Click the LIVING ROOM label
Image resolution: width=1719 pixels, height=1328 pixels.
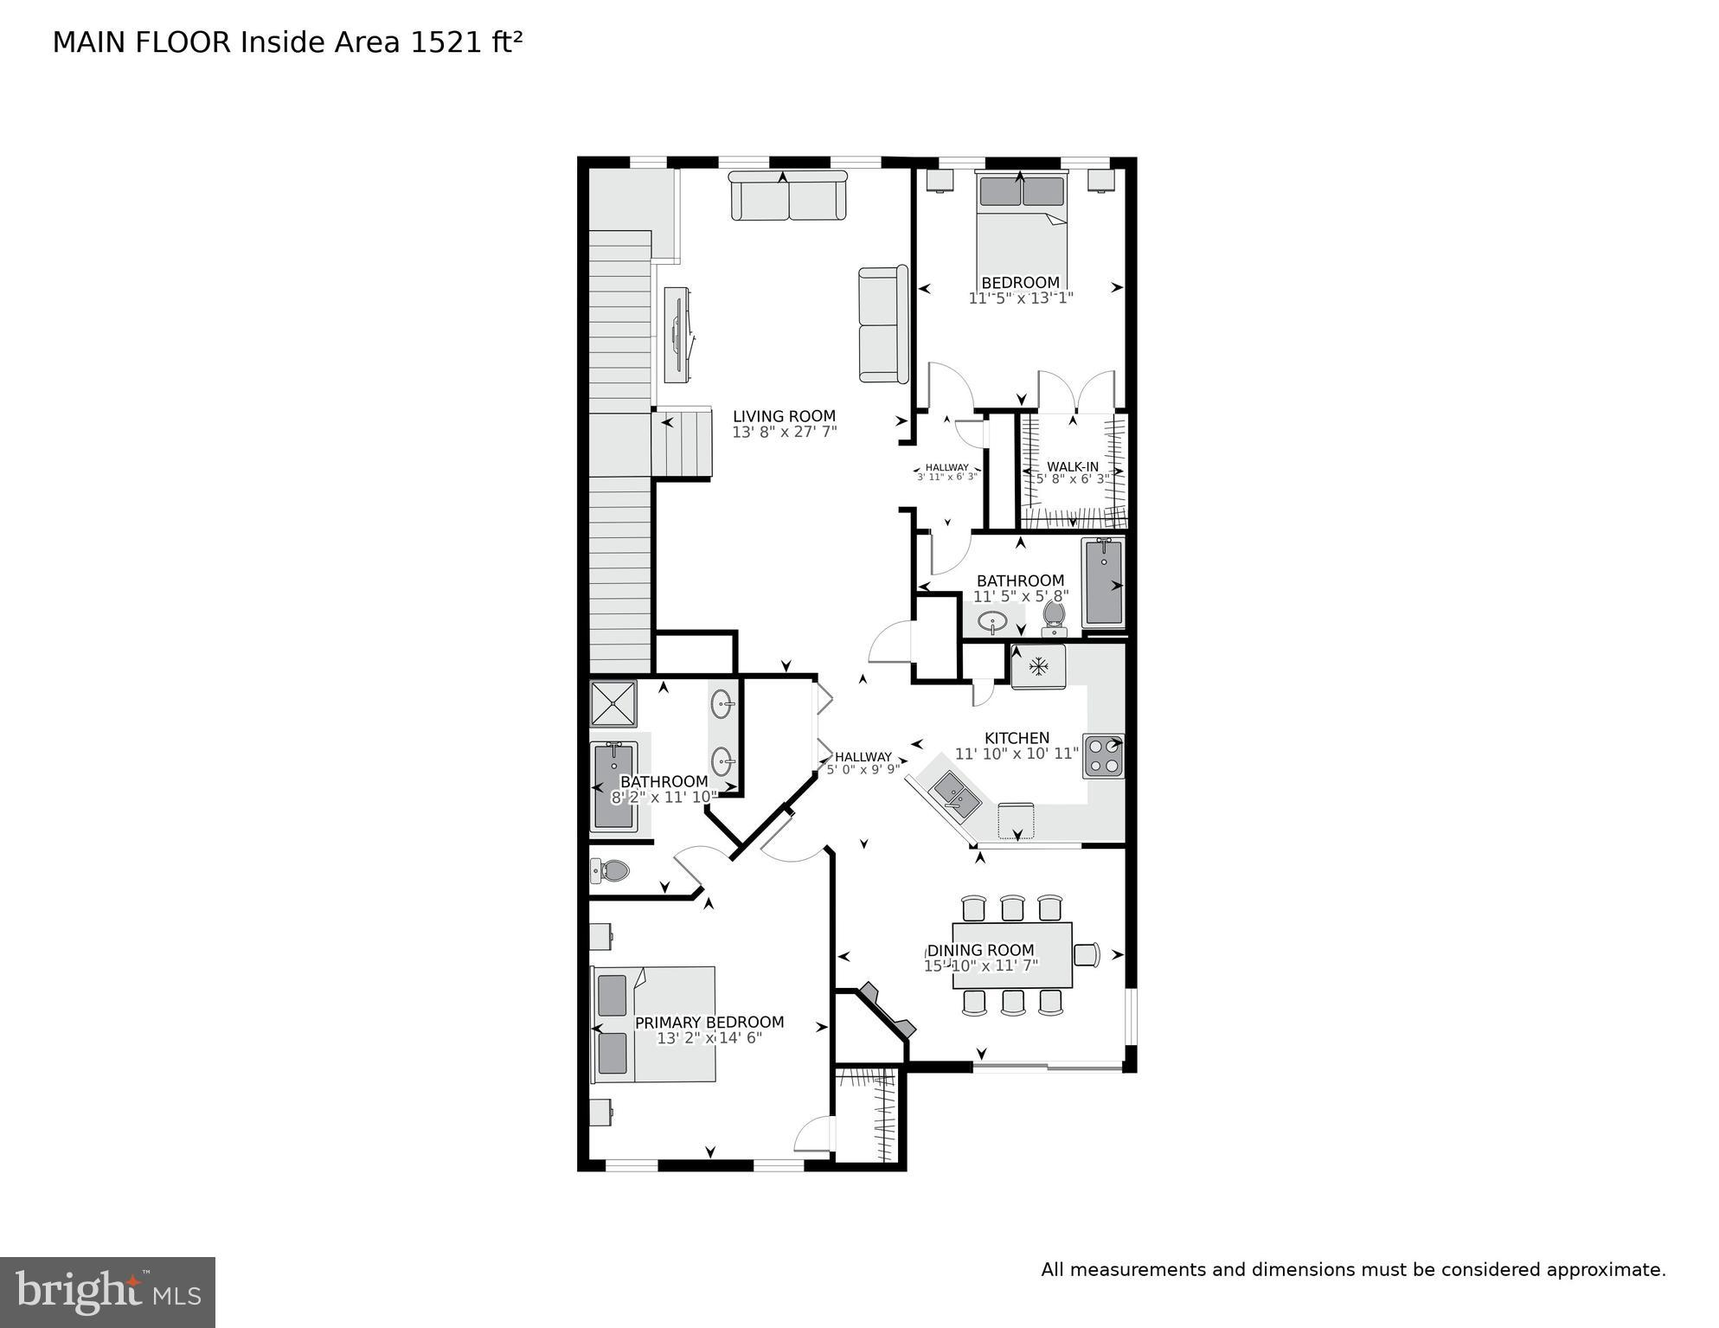tap(784, 416)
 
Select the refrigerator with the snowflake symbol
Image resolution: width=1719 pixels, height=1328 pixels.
tap(1038, 666)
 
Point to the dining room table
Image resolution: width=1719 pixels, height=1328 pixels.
tap(1012, 955)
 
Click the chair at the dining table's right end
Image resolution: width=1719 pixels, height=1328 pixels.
tap(1087, 954)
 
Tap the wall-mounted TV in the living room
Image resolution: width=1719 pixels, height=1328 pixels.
tap(678, 334)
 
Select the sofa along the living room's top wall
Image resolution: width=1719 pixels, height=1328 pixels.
tap(787, 196)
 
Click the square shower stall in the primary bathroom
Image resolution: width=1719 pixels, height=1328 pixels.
tap(613, 702)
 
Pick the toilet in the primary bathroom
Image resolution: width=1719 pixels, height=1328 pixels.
tap(610, 869)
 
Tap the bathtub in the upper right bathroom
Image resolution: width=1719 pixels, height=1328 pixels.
tap(1103, 582)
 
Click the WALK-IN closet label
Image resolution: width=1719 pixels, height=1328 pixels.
tap(1073, 466)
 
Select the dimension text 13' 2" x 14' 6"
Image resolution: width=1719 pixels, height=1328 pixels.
tap(709, 1038)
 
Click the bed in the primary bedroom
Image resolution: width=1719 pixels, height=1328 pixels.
tap(655, 1024)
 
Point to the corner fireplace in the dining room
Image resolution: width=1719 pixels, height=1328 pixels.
tap(887, 1010)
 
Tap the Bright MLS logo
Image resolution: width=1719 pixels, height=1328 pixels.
tap(107, 1292)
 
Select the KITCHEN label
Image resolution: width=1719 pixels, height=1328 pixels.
tap(1017, 738)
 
